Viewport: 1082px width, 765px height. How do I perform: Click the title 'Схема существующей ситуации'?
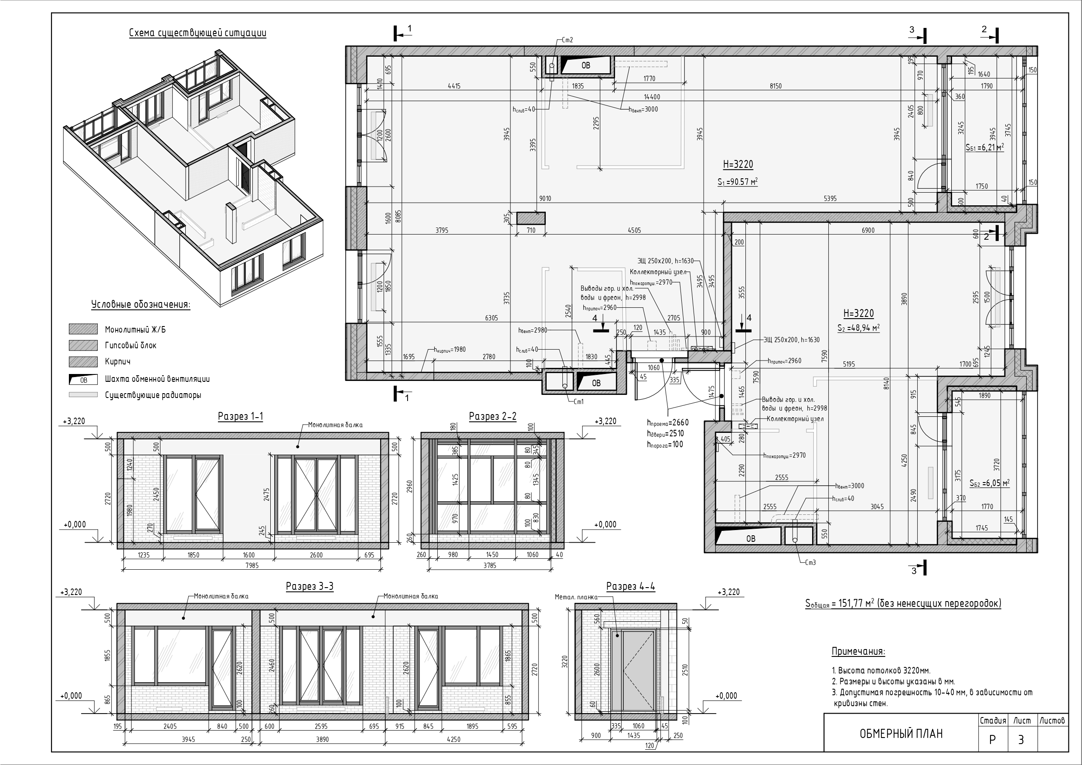click(197, 33)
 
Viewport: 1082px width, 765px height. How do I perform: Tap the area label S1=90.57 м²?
click(738, 181)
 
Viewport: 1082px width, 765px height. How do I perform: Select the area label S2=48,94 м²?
click(858, 328)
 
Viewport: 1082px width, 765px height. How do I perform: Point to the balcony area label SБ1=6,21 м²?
click(984, 147)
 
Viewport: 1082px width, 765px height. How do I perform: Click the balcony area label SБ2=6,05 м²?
click(989, 483)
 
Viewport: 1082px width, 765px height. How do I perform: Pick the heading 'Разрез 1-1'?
click(240, 416)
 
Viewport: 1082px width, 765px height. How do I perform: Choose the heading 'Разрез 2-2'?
click(493, 416)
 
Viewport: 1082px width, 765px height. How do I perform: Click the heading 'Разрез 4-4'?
click(630, 586)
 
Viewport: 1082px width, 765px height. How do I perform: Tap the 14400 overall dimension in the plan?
click(652, 97)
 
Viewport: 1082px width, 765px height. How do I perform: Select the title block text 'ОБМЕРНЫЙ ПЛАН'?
click(901, 734)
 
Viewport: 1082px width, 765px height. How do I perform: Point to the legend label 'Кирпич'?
click(118, 361)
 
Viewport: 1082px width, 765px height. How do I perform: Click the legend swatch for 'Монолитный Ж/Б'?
click(83, 329)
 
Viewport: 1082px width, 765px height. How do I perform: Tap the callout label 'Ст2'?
click(568, 40)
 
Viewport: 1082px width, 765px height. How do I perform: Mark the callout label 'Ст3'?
click(810, 562)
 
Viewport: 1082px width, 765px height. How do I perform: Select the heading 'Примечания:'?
click(858, 651)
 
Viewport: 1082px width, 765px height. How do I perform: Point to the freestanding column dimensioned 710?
click(531, 218)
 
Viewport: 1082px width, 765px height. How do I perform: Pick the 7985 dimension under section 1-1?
click(252, 565)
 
